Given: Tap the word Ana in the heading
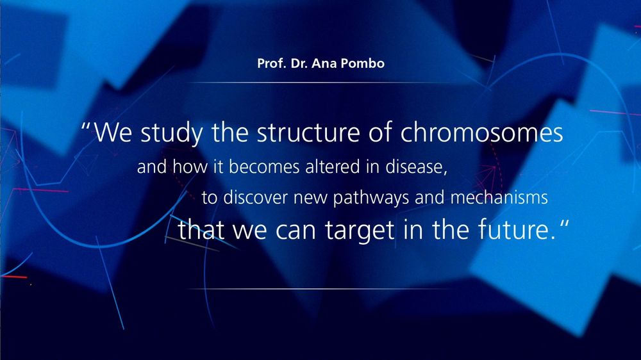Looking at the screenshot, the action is point(324,63).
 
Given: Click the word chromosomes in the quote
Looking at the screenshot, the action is point(481,133).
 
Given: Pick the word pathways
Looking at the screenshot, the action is point(370,198).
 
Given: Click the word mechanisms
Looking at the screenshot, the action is point(499,197).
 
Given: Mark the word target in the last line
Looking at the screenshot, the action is point(360,231).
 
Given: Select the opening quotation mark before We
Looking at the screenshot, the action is point(85,125).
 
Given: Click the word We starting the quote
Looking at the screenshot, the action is point(113,133).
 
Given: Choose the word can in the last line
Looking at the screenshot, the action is point(296,231).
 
